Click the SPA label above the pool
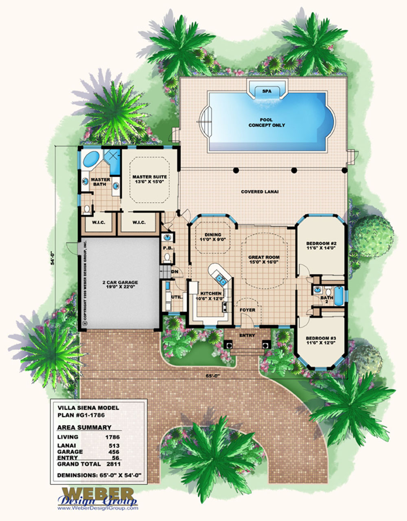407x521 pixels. pyautogui.click(x=267, y=91)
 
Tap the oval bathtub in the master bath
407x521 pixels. pyautogui.click(x=91, y=159)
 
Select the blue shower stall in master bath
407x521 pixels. pyautogui.click(x=113, y=162)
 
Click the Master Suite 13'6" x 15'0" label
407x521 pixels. pyautogui.click(x=150, y=179)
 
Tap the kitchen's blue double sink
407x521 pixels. pyautogui.click(x=221, y=280)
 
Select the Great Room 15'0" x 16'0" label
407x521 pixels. pyautogui.click(x=264, y=259)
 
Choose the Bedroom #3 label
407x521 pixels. pyautogui.click(x=321, y=341)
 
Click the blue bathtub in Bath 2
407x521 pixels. pyautogui.click(x=339, y=296)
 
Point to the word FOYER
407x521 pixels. pyautogui.click(x=247, y=310)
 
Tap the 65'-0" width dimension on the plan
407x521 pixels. pyautogui.click(x=213, y=376)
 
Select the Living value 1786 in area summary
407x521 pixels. pyautogui.click(x=113, y=437)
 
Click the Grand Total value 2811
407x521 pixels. pyautogui.click(x=113, y=464)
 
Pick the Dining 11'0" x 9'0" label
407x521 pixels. pyautogui.click(x=213, y=237)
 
